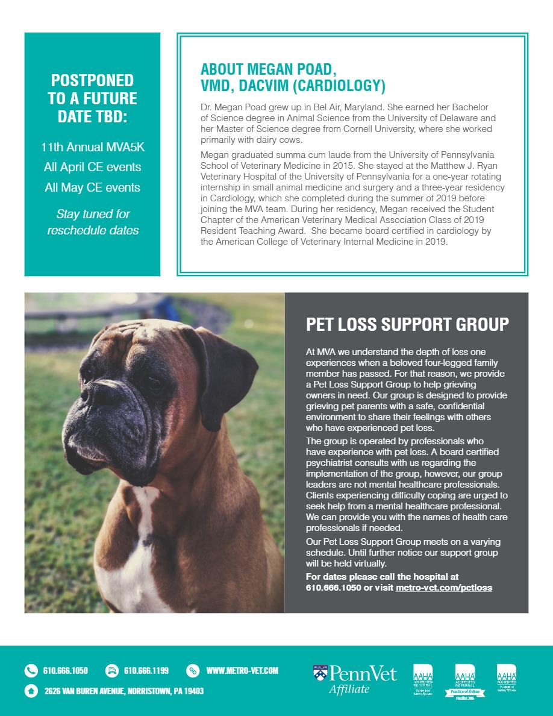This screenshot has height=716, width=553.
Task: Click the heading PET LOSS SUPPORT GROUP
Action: coord(407,325)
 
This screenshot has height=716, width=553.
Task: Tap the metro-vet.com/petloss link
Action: coord(444,587)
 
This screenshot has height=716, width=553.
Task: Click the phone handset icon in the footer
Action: coord(31,670)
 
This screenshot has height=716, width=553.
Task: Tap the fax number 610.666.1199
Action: coord(146,670)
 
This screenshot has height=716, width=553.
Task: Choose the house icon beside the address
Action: coord(31,691)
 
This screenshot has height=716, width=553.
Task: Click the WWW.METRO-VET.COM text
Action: coord(242,670)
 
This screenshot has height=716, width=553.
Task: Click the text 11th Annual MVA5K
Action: coord(92,146)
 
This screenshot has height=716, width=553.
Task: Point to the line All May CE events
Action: coord(92,187)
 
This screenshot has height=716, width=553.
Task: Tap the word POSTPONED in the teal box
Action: coord(92,80)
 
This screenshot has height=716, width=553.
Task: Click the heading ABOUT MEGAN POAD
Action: coord(268,68)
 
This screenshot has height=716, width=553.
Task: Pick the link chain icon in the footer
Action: coord(193,670)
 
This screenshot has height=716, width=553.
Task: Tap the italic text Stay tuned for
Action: coord(92,214)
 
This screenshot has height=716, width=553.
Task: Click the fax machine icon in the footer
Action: coord(111,670)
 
